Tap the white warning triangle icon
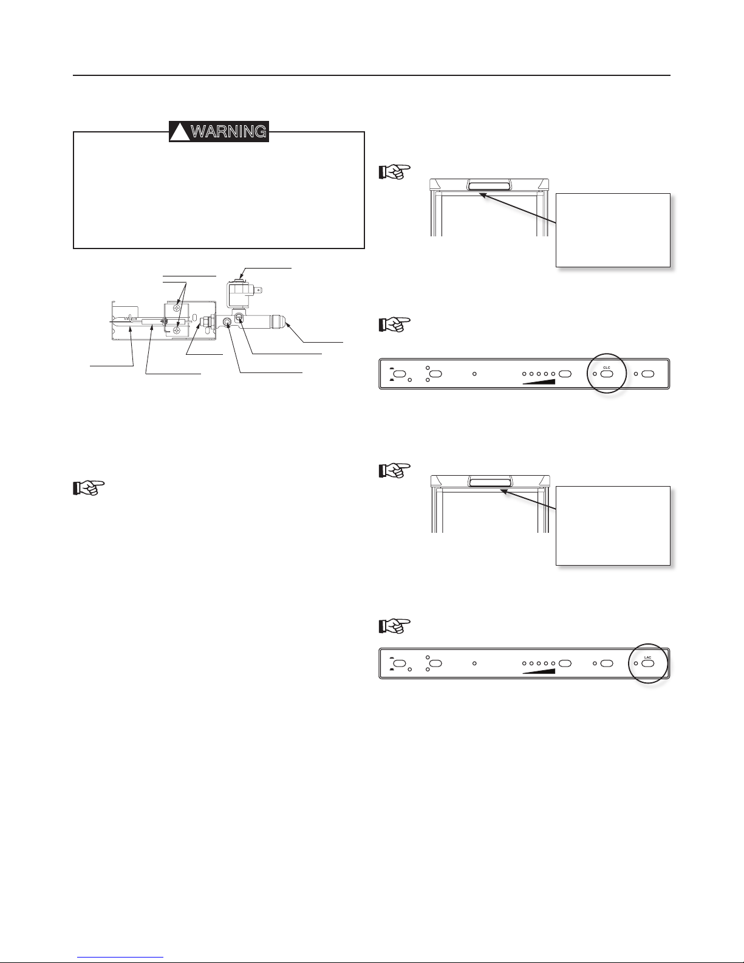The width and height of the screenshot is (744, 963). [x=179, y=132]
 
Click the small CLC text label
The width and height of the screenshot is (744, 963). [x=606, y=368]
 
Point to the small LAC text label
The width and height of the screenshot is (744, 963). [x=647, y=657]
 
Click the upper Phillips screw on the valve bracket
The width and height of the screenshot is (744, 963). [x=176, y=309]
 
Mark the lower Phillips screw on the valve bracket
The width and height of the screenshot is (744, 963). [x=176, y=330]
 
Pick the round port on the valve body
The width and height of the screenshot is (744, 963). [x=227, y=323]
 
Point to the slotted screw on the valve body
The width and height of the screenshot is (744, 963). [x=239, y=317]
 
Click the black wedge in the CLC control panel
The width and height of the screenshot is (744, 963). [x=539, y=382]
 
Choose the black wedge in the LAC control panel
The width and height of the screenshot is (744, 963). [x=539, y=671]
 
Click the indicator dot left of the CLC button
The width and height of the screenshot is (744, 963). [x=595, y=374]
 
